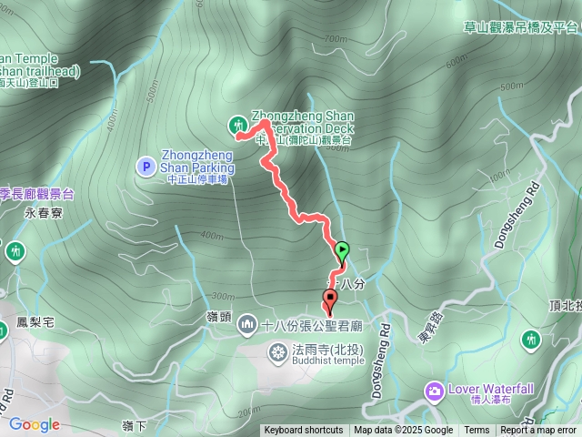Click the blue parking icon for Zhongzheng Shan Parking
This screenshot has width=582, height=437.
145,166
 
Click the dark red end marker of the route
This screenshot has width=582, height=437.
329,298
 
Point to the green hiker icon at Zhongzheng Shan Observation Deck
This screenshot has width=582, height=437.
238,123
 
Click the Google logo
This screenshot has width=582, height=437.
35,424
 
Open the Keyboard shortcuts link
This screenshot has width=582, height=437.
305,431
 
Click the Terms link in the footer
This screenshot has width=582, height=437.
477,431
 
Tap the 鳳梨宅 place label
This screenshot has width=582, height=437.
36,322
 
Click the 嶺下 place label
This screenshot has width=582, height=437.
133,425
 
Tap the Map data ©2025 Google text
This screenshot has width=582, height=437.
404,431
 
